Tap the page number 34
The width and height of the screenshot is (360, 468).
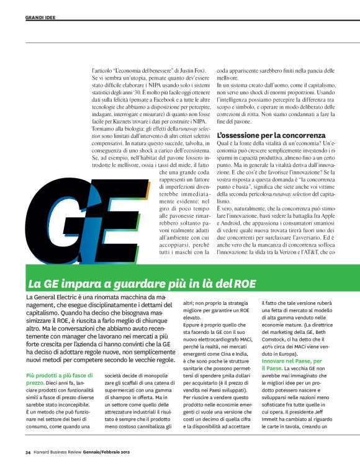point(28,451)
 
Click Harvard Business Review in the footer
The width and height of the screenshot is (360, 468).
point(60,451)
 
